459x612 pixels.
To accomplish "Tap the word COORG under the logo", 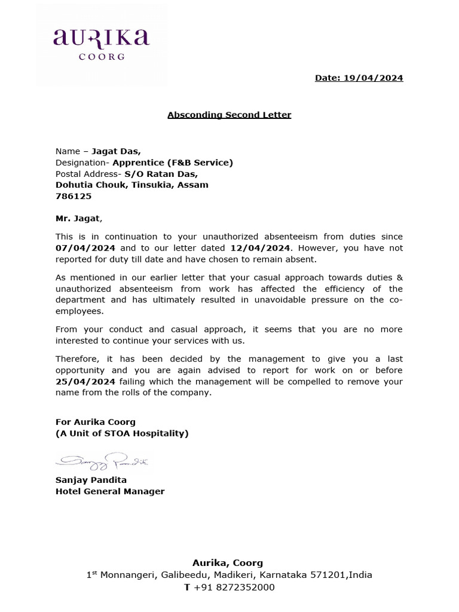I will (x=102, y=57).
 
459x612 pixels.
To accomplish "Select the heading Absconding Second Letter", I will (x=229, y=114).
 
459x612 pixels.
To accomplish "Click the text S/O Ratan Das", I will (x=161, y=174).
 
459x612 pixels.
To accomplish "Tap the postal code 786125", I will (x=70, y=196).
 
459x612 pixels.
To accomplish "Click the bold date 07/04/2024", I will (x=85, y=247).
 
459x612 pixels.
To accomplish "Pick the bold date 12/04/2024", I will (x=260, y=247).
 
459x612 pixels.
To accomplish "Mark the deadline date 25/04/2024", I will (x=85, y=381).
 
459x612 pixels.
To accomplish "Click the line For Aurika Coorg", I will (x=96, y=422).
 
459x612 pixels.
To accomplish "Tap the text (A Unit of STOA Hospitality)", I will (x=122, y=433).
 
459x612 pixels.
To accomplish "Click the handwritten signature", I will (x=102, y=461).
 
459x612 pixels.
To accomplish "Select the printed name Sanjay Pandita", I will (x=91, y=480).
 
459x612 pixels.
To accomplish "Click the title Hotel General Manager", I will (x=110, y=491).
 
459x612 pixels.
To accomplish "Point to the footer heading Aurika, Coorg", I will (x=227, y=563).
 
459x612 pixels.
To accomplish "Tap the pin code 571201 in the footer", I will (x=328, y=575).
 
